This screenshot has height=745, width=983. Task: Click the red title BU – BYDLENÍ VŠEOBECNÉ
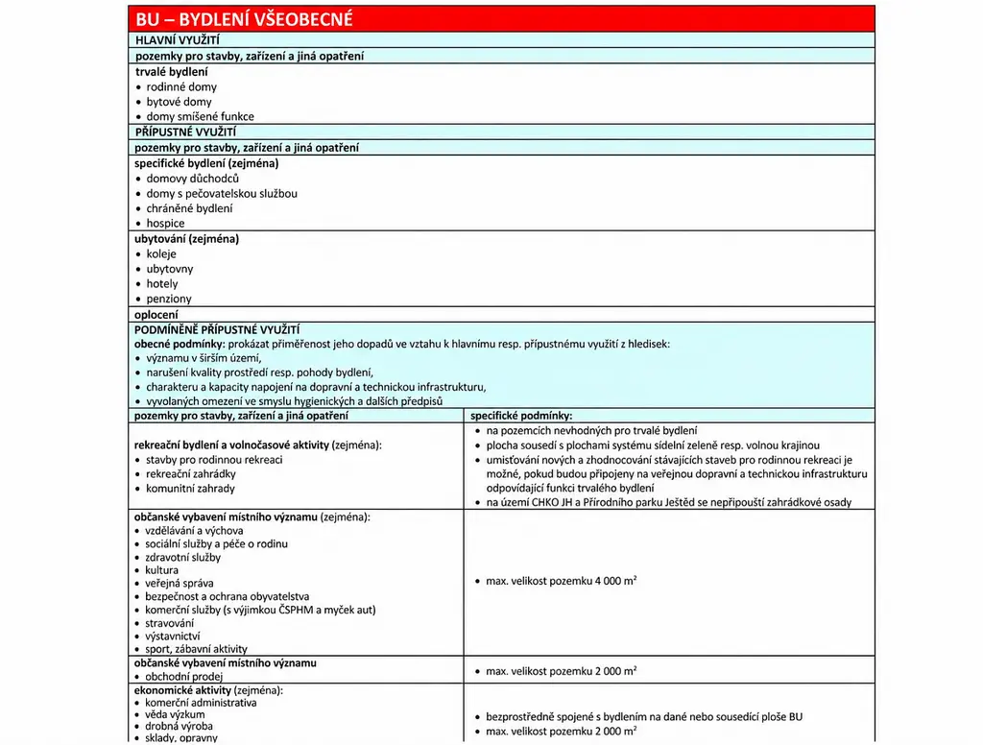pyautogui.click(x=244, y=19)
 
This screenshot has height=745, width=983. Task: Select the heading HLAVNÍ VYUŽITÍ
pyautogui.click(x=178, y=40)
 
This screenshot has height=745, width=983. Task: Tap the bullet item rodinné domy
pyautogui.click(x=181, y=86)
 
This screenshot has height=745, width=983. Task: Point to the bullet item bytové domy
pyautogui.click(x=179, y=102)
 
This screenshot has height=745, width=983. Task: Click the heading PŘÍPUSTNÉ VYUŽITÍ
pyautogui.click(x=185, y=132)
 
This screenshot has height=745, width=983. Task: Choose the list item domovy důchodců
pyautogui.click(x=192, y=179)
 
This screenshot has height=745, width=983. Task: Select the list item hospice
pyautogui.click(x=165, y=224)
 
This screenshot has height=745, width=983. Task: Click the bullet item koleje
pyautogui.click(x=161, y=254)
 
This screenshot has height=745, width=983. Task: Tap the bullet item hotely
pyautogui.click(x=162, y=284)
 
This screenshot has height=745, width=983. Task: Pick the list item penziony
pyautogui.click(x=169, y=300)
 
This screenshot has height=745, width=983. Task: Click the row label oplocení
pyautogui.click(x=156, y=314)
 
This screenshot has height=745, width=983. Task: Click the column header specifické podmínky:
pyautogui.click(x=521, y=416)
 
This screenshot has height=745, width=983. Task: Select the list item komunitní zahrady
pyautogui.click(x=190, y=489)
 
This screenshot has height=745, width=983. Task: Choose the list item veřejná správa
pyautogui.click(x=180, y=583)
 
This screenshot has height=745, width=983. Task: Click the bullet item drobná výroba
pyautogui.click(x=180, y=726)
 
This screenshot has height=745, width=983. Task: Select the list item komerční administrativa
pyautogui.click(x=201, y=702)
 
